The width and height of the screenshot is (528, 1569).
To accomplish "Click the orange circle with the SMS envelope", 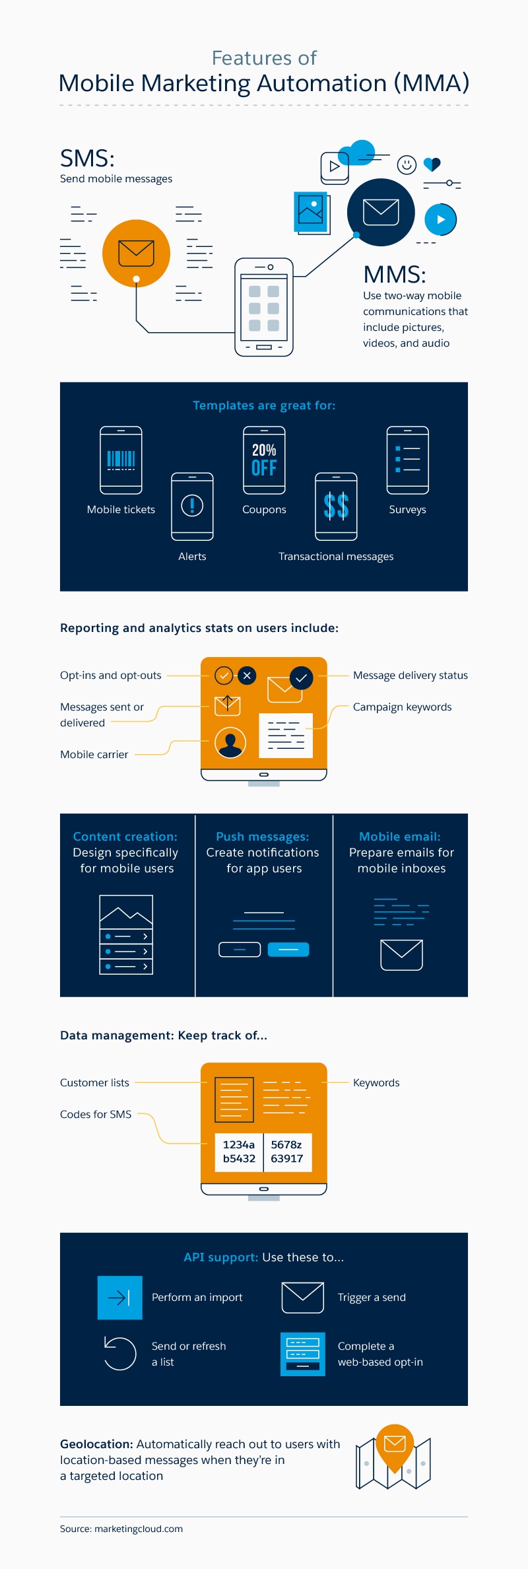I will click(136, 253).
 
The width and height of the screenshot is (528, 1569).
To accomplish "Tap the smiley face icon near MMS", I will click(407, 164).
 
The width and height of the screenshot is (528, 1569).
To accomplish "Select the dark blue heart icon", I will click(432, 164).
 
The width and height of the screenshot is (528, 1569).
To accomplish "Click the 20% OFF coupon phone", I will click(264, 460).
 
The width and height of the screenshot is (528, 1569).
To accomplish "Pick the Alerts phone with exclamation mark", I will click(192, 506).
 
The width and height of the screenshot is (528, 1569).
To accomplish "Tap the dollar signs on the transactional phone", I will click(336, 506).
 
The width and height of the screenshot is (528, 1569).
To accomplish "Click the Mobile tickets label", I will click(121, 510).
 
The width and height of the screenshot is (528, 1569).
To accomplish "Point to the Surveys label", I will click(407, 510).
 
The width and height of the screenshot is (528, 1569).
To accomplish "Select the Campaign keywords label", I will click(402, 707).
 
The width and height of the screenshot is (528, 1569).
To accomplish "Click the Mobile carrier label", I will click(94, 755).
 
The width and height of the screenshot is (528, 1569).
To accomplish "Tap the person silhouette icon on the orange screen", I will click(230, 743).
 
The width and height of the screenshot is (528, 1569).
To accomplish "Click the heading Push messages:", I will click(263, 837).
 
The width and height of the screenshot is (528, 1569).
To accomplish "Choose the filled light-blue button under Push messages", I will click(288, 950).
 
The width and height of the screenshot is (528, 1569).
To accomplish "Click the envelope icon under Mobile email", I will click(401, 955).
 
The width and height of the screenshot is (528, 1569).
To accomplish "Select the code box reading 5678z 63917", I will click(287, 1152).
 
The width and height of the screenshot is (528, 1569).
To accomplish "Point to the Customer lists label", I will click(94, 1083).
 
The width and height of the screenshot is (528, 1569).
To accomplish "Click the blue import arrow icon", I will click(120, 1298).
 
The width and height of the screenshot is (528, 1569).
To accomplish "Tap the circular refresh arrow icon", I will click(120, 1353).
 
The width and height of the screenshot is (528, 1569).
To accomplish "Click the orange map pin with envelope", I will click(395, 1446).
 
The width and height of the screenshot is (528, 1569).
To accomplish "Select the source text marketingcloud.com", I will click(139, 1529).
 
